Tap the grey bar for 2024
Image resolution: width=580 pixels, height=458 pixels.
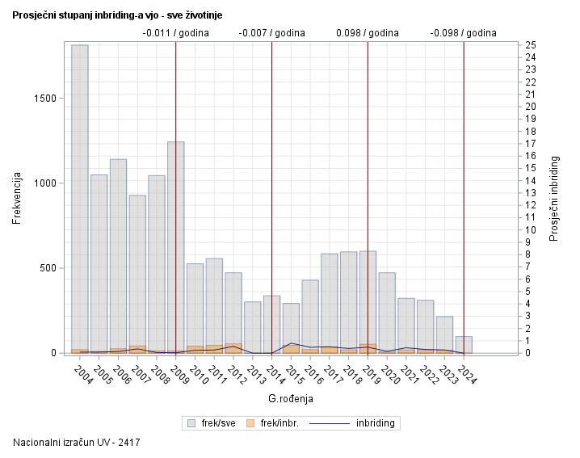[x=464, y=344]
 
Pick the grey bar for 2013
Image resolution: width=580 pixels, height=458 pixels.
[x=253, y=326]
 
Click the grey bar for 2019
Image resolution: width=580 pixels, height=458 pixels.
[x=368, y=299]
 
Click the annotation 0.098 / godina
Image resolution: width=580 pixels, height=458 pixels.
[x=368, y=33]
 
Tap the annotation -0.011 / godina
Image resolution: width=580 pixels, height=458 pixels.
[x=175, y=33]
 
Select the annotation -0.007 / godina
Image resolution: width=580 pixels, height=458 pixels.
[x=271, y=33]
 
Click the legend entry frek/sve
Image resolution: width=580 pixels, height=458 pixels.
[x=212, y=422]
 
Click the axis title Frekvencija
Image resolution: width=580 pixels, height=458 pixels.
[x=17, y=198]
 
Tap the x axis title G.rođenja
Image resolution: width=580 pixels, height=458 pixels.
[x=290, y=398]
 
